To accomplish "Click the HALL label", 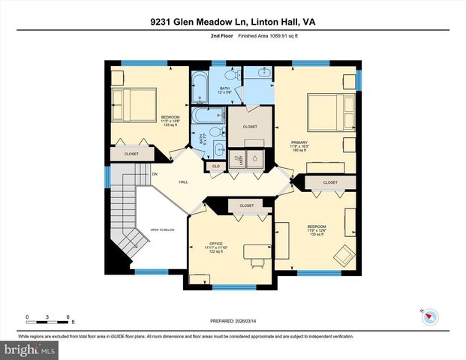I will click(x=183, y=182).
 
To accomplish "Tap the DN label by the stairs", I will click(x=155, y=175).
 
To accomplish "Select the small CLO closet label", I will click(x=215, y=166).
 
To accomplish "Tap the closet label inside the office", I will click(x=246, y=205).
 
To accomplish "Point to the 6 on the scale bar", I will click(x=68, y=316).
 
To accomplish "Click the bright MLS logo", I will click(x=29, y=349).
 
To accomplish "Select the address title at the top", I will click(x=233, y=22).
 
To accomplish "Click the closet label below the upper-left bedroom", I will click(x=131, y=153).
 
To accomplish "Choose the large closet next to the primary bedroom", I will click(x=250, y=127).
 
